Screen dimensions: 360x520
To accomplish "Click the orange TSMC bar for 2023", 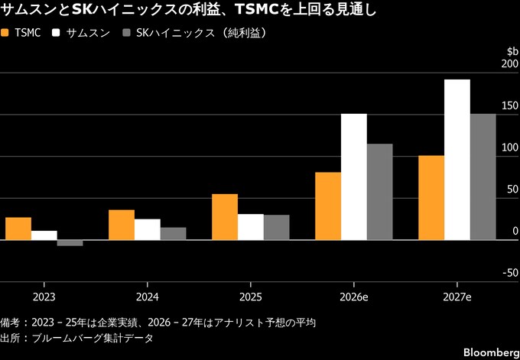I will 18,229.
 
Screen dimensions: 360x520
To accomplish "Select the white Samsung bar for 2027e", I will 457,160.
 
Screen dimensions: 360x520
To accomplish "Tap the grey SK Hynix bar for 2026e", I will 379,192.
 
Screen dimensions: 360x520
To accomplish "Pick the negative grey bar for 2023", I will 70,243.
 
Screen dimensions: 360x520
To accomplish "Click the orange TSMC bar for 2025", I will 225,217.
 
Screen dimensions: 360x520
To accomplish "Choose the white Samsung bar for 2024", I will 148,229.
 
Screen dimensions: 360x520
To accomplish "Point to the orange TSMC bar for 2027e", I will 431,198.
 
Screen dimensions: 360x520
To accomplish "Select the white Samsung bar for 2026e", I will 354,177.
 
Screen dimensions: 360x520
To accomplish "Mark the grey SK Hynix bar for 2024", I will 173,234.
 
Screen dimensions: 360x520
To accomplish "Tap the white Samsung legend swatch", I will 58,34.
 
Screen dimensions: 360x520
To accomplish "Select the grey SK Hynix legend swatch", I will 126,34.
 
